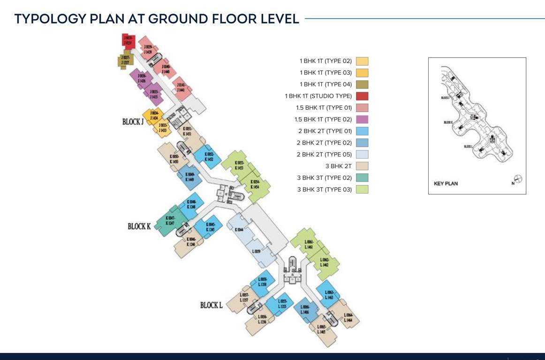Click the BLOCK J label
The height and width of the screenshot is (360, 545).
(133, 122)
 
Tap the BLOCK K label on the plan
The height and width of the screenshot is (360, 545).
(139, 226)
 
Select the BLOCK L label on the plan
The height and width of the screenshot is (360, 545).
(211, 305)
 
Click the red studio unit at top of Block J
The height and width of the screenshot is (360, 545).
(129, 41)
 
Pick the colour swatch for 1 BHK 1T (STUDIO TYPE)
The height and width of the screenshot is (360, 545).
(362, 96)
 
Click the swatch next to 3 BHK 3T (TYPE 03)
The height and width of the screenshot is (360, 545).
(362, 189)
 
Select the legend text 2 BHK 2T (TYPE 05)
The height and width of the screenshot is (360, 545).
(324, 154)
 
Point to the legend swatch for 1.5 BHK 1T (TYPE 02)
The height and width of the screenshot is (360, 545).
(362, 120)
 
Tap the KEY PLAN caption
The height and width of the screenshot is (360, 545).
(446, 183)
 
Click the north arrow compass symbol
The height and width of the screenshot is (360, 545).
(518, 179)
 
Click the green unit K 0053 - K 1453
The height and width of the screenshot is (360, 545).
(239, 165)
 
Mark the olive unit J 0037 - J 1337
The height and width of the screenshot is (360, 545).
(126, 60)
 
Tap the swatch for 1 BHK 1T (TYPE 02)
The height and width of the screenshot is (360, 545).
(362, 61)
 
